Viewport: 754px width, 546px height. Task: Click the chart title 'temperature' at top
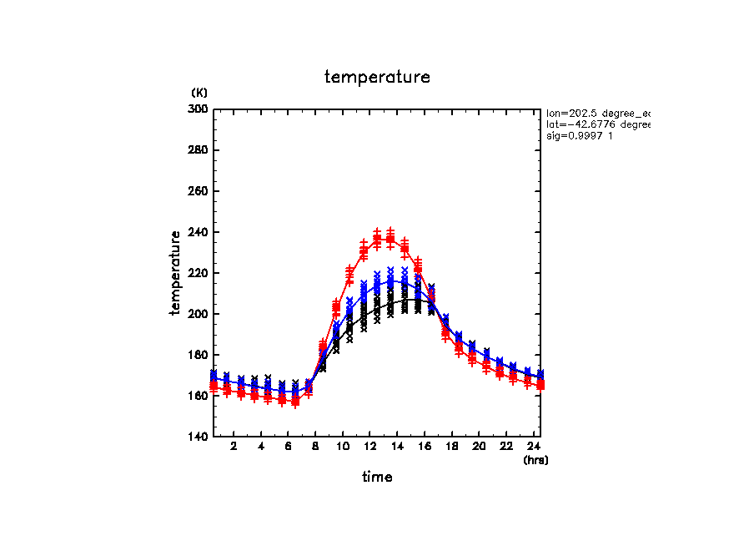click(377, 78)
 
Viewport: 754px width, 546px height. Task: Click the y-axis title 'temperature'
click(176, 273)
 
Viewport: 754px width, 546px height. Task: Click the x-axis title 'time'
click(377, 478)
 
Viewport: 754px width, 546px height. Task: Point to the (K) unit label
click(199, 92)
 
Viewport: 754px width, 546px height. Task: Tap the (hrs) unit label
click(535, 460)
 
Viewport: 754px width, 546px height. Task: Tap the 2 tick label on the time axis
click(234, 447)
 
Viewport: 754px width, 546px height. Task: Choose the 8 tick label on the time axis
click(315, 447)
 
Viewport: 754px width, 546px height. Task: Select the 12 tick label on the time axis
click(370, 447)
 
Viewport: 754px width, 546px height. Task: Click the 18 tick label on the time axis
click(452, 447)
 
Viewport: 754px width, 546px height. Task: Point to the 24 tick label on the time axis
click(534, 447)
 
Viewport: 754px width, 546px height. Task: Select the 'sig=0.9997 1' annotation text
click(581, 136)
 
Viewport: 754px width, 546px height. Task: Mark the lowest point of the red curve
click(294, 401)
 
